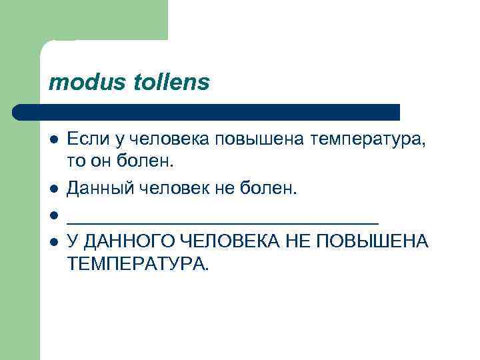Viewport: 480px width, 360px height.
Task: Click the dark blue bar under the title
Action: (207, 112)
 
